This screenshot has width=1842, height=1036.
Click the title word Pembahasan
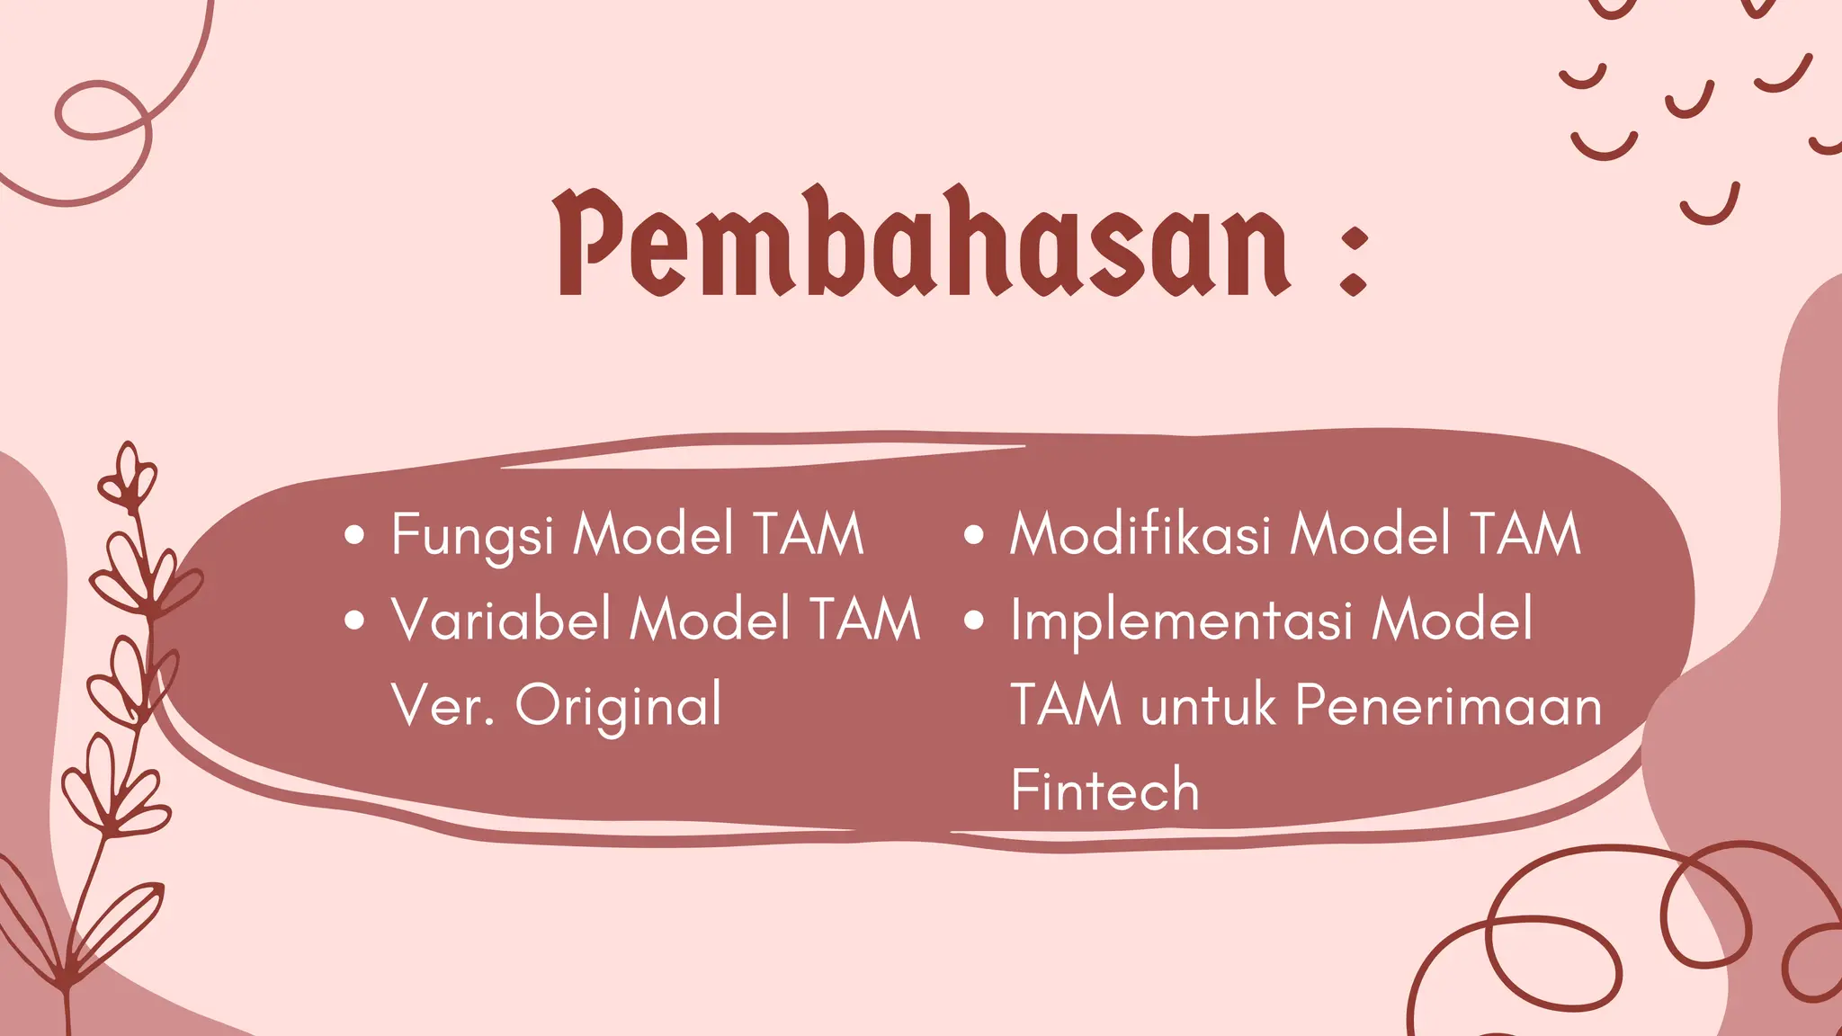click(x=923, y=243)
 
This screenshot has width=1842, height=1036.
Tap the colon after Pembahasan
click(x=1353, y=261)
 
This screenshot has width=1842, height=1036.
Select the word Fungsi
click(x=471, y=535)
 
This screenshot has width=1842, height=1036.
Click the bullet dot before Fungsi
click(x=355, y=536)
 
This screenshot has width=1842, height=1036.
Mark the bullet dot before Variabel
click(x=355, y=621)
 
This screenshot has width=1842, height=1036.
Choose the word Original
click(x=618, y=707)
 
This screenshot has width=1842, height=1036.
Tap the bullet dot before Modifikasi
click(x=974, y=536)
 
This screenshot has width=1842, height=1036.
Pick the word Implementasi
click(x=1181, y=621)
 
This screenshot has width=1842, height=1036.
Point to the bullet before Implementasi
click(x=974, y=621)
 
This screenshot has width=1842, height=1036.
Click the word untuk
click(x=1208, y=705)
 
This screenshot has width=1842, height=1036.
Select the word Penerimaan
click(x=1448, y=705)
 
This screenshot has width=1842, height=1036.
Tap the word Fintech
click(x=1104, y=790)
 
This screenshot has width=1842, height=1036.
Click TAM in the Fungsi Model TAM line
click(x=808, y=534)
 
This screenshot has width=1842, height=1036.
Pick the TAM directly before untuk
click(x=1066, y=705)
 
